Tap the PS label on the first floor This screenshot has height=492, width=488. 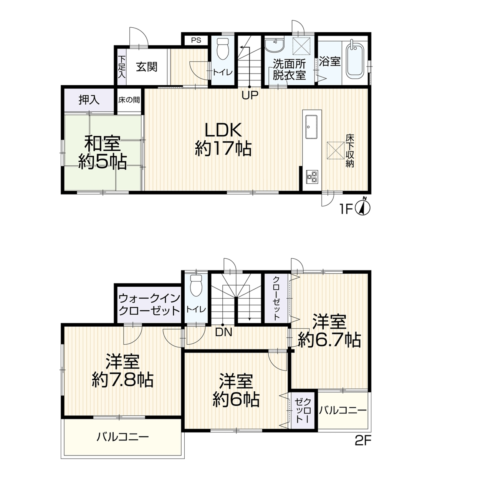(196, 40)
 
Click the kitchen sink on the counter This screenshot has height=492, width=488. (311, 126)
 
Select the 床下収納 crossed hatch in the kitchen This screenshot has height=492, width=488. (336, 150)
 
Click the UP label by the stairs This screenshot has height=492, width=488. (250, 95)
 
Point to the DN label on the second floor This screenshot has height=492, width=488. (224, 332)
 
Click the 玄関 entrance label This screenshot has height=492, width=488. (146, 67)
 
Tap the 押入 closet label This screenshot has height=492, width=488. (89, 100)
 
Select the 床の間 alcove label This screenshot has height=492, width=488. (129, 100)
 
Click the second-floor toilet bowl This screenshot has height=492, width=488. (196, 286)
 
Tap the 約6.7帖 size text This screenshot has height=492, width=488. (329, 340)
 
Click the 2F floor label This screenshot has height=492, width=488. (363, 440)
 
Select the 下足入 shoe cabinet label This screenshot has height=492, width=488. (122, 67)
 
